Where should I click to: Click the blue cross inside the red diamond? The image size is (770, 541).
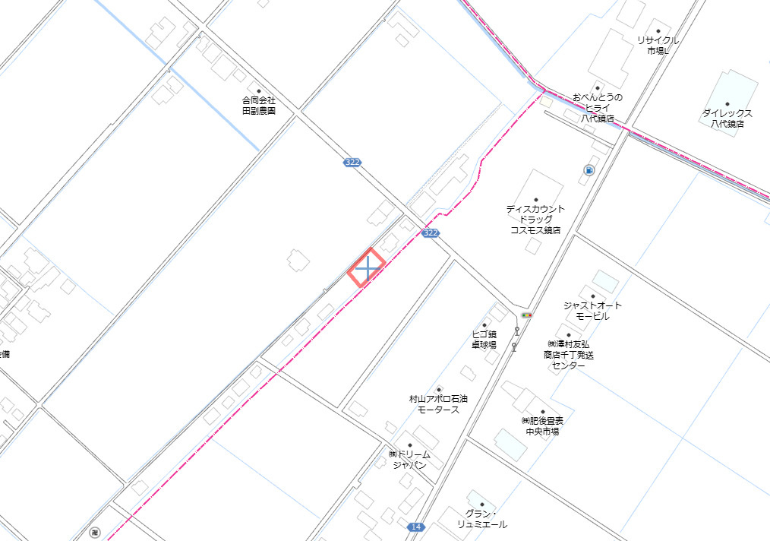[368, 268]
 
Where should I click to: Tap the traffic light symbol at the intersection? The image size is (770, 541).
[527, 315]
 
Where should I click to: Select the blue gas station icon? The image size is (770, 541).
[589, 170]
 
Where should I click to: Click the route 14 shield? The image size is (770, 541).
[415, 527]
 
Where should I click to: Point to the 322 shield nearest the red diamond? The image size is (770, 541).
[431, 233]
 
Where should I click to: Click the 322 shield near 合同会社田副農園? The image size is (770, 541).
[352, 162]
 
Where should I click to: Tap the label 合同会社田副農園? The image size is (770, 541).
[258, 105]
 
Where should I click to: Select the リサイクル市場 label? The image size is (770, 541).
[658, 45]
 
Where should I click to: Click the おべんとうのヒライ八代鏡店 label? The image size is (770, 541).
[598, 108]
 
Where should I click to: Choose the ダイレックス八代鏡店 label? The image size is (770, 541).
[727, 118]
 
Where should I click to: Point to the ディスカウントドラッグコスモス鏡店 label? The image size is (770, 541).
[535, 219]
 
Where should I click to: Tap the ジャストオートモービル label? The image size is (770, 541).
[592, 310]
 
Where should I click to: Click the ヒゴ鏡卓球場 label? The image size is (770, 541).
[484, 339]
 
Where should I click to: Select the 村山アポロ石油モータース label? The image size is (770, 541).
[438, 403]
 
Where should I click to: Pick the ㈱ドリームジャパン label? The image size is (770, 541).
[409, 459]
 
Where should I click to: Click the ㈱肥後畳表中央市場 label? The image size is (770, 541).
[542, 426]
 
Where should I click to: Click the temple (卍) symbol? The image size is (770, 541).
[93, 533]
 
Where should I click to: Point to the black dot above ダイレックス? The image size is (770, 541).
[727, 104]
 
